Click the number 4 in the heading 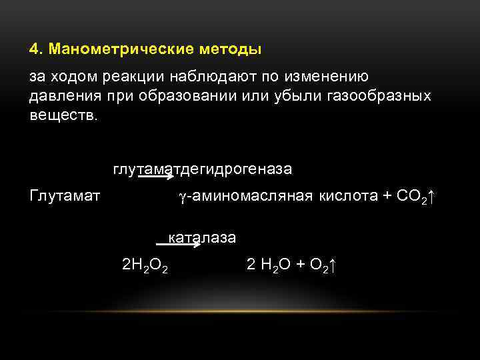tap(34, 50)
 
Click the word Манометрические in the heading tap(111, 50)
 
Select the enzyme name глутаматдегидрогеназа tap(203, 169)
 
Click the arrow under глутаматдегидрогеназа tap(157, 177)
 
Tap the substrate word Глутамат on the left tap(65, 196)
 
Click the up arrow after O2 tap(334, 265)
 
